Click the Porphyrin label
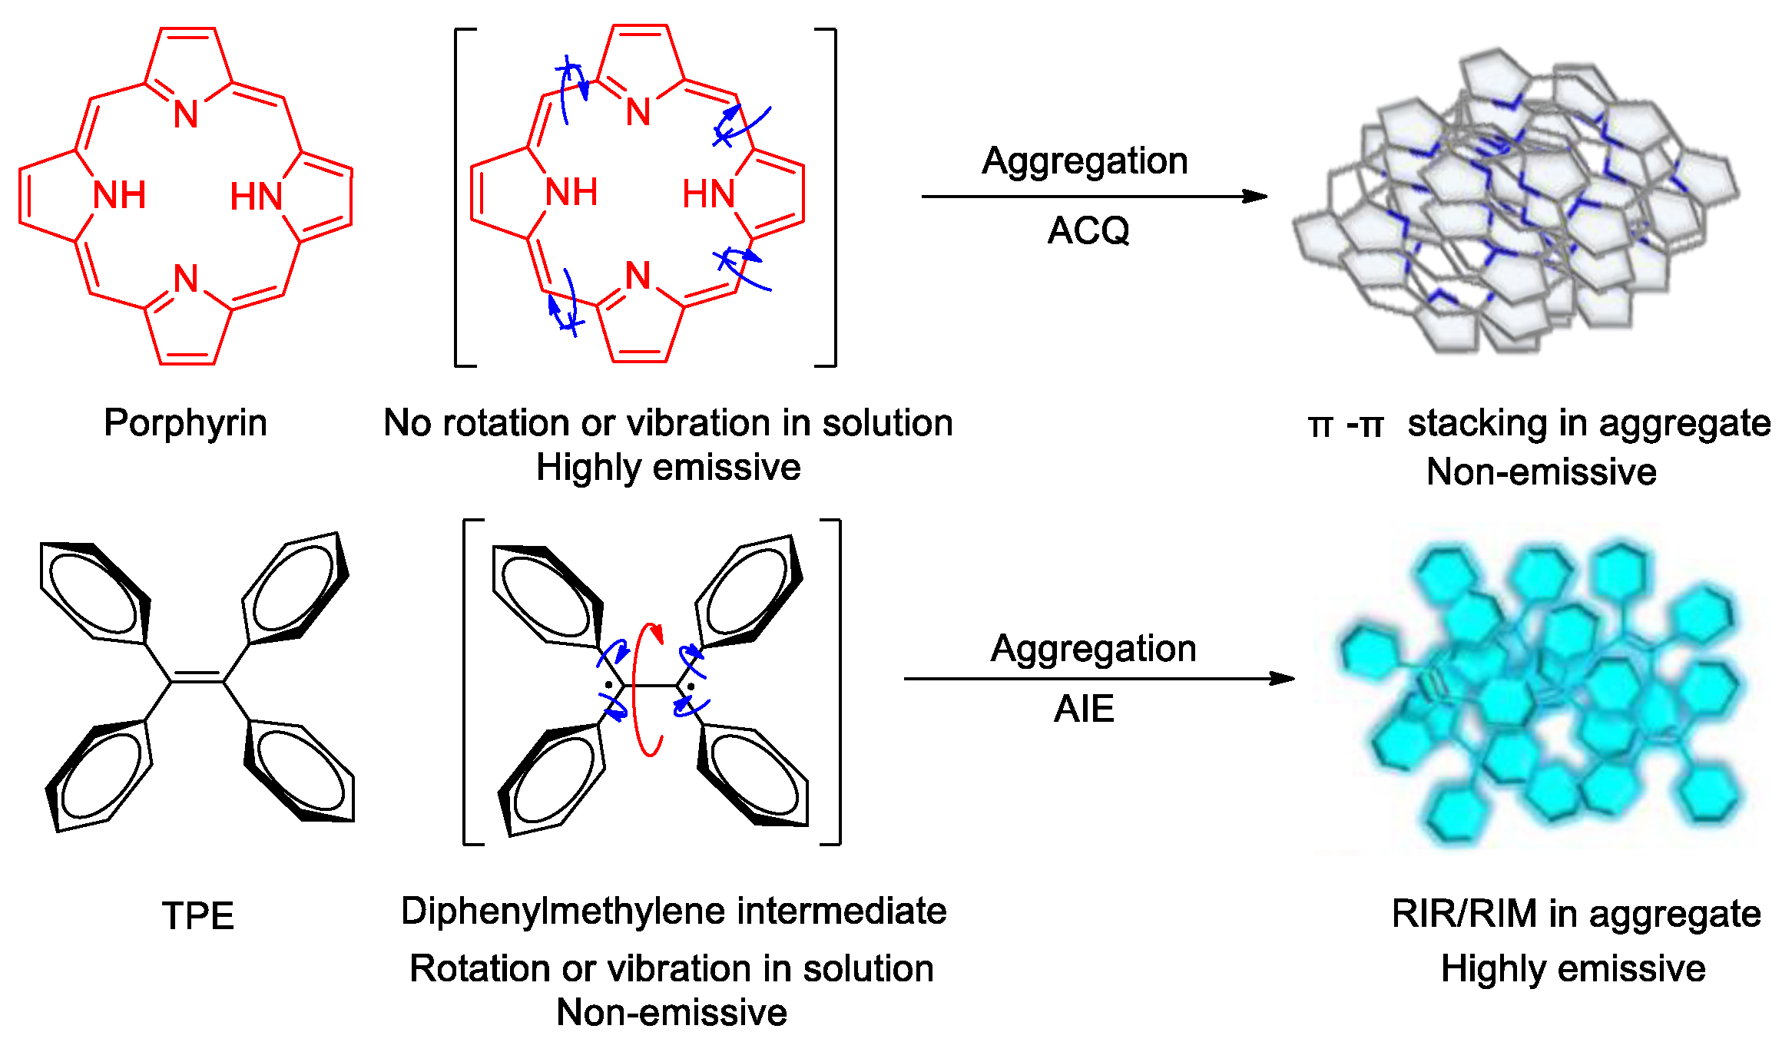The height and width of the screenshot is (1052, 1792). [185, 423]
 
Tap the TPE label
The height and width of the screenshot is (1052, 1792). [197, 916]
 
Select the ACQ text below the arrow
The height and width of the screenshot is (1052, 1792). [1088, 230]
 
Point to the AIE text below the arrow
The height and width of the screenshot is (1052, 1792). [1084, 709]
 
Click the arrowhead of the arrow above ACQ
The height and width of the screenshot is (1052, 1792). [1255, 197]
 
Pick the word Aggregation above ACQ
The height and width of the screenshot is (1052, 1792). [1085, 161]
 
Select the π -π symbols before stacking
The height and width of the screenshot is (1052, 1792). [1345, 425]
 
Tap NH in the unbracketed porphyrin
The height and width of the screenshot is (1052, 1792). [119, 195]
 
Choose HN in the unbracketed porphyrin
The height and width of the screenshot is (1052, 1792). [257, 197]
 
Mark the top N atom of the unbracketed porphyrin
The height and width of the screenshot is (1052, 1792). [186, 114]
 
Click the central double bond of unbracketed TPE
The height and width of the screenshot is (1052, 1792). [197, 677]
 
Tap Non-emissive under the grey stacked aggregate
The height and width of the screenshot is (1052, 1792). [1541, 471]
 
